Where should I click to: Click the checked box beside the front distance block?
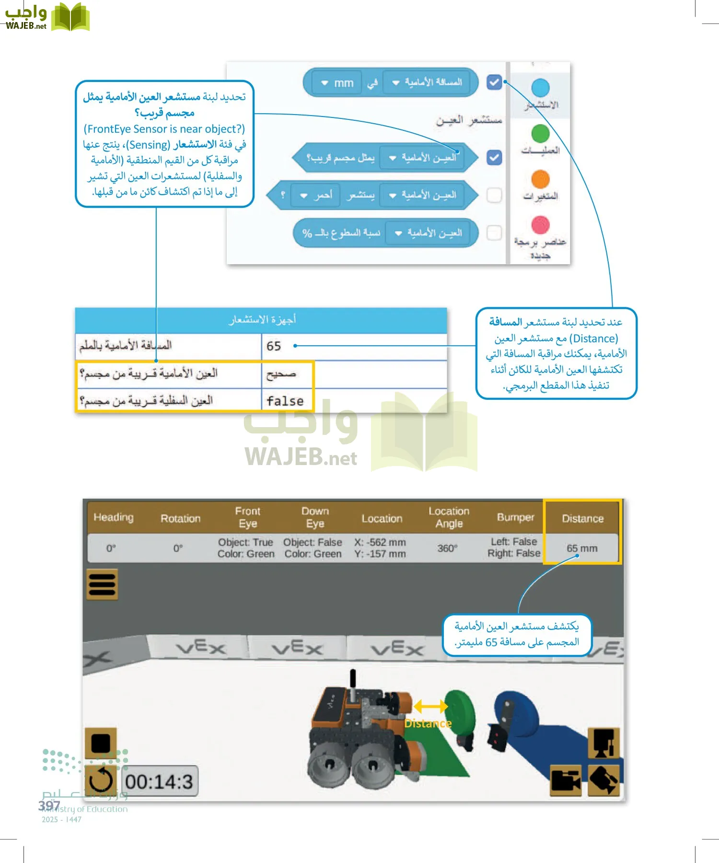click(494, 82)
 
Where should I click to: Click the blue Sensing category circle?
click(540, 88)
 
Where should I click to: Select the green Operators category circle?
click(540, 133)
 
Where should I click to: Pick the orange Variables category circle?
click(540, 179)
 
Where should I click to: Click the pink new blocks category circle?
click(540, 224)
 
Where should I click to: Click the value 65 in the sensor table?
click(274, 346)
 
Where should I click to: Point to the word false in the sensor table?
click(285, 401)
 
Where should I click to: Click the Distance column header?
click(582, 518)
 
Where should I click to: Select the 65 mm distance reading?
click(582, 548)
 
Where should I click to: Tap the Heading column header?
click(114, 517)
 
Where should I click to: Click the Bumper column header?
click(515, 517)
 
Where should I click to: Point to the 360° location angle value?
click(447, 548)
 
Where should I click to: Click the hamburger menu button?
click(102, 584)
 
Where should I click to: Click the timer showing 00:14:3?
click(159, 781)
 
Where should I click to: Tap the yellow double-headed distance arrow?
click(430, 706)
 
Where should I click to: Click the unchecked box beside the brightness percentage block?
click(494, 233)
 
